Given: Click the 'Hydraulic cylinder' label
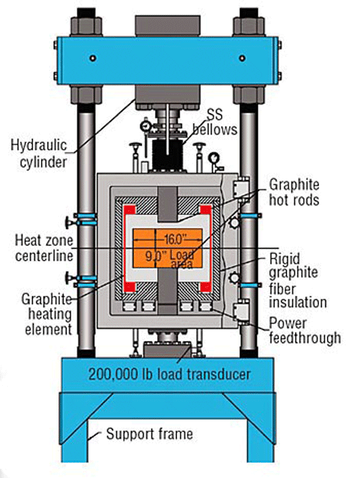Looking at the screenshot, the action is [x=39, y=153].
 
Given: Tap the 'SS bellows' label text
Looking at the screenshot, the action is [x=215, y=122].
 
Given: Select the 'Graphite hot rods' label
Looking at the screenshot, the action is [x=294, y=192].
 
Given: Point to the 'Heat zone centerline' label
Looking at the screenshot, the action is [x=44, y=248].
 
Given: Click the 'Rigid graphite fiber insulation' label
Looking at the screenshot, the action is [x=298, y=281].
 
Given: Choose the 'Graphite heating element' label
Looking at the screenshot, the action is [x=48, y=315].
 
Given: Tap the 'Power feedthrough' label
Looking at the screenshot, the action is [x=305, y=330].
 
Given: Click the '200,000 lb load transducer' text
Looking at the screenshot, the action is [x=169, y=374].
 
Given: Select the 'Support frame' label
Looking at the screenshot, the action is [x=149, y=433].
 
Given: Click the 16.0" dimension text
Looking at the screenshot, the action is [x=175, y=240].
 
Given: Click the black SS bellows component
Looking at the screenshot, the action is [x=167, y=155].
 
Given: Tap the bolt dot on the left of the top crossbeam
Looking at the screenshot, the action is [x=93, y=58].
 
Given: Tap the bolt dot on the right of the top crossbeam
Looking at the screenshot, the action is [x=242, y=58].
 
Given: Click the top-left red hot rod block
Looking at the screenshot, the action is [x=130, y=209].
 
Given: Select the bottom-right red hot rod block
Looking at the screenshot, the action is [x=205, y=287].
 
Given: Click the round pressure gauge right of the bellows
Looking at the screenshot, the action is [x=215, y=158].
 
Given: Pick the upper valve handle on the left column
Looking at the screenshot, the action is [x=69, y=222].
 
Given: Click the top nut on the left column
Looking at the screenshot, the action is [x=86, y=25].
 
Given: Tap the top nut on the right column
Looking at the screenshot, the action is [x=248, y=25].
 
